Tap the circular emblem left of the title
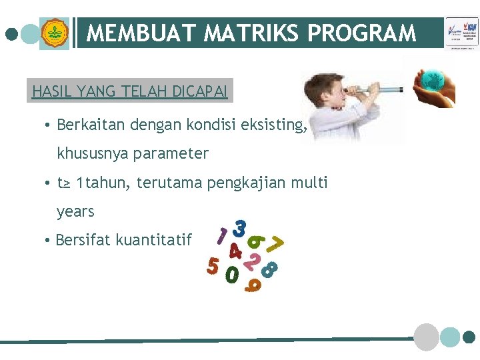coord(54,33)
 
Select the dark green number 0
coord(232,274)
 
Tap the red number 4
coord(235,251)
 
